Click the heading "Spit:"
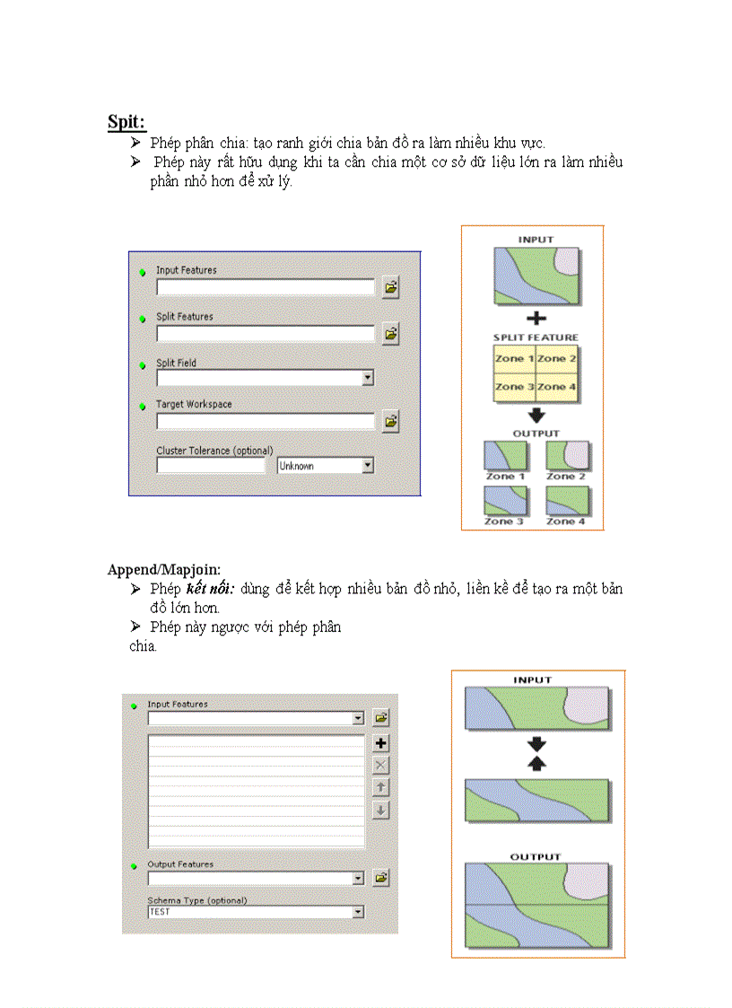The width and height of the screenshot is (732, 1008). tap(126, 121)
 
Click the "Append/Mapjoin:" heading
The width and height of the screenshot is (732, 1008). tap(164, 569)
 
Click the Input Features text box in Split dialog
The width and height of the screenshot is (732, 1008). tap(265, 287)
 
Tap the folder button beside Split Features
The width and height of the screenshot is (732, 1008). tap(390, 334)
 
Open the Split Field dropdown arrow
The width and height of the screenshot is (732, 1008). tap(367, 379)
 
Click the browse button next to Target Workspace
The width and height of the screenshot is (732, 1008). tap(390, 420)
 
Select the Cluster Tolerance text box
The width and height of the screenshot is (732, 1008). tap(211, 466)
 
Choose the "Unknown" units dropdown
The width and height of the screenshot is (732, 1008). tap(325, 466)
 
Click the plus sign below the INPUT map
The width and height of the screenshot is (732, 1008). tap(536, 318)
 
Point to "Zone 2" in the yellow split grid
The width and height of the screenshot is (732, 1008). tap(557, 358)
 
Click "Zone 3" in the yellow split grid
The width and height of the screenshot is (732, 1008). tap(515, 387)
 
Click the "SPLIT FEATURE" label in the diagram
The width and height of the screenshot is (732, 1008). tap(536, 337)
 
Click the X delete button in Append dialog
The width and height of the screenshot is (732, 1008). tap(381, 765)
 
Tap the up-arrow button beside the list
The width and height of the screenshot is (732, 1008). tap(381, 787)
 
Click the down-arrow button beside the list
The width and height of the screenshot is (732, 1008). tap(381, 810)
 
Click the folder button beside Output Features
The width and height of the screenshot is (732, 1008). tap(381, 877)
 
